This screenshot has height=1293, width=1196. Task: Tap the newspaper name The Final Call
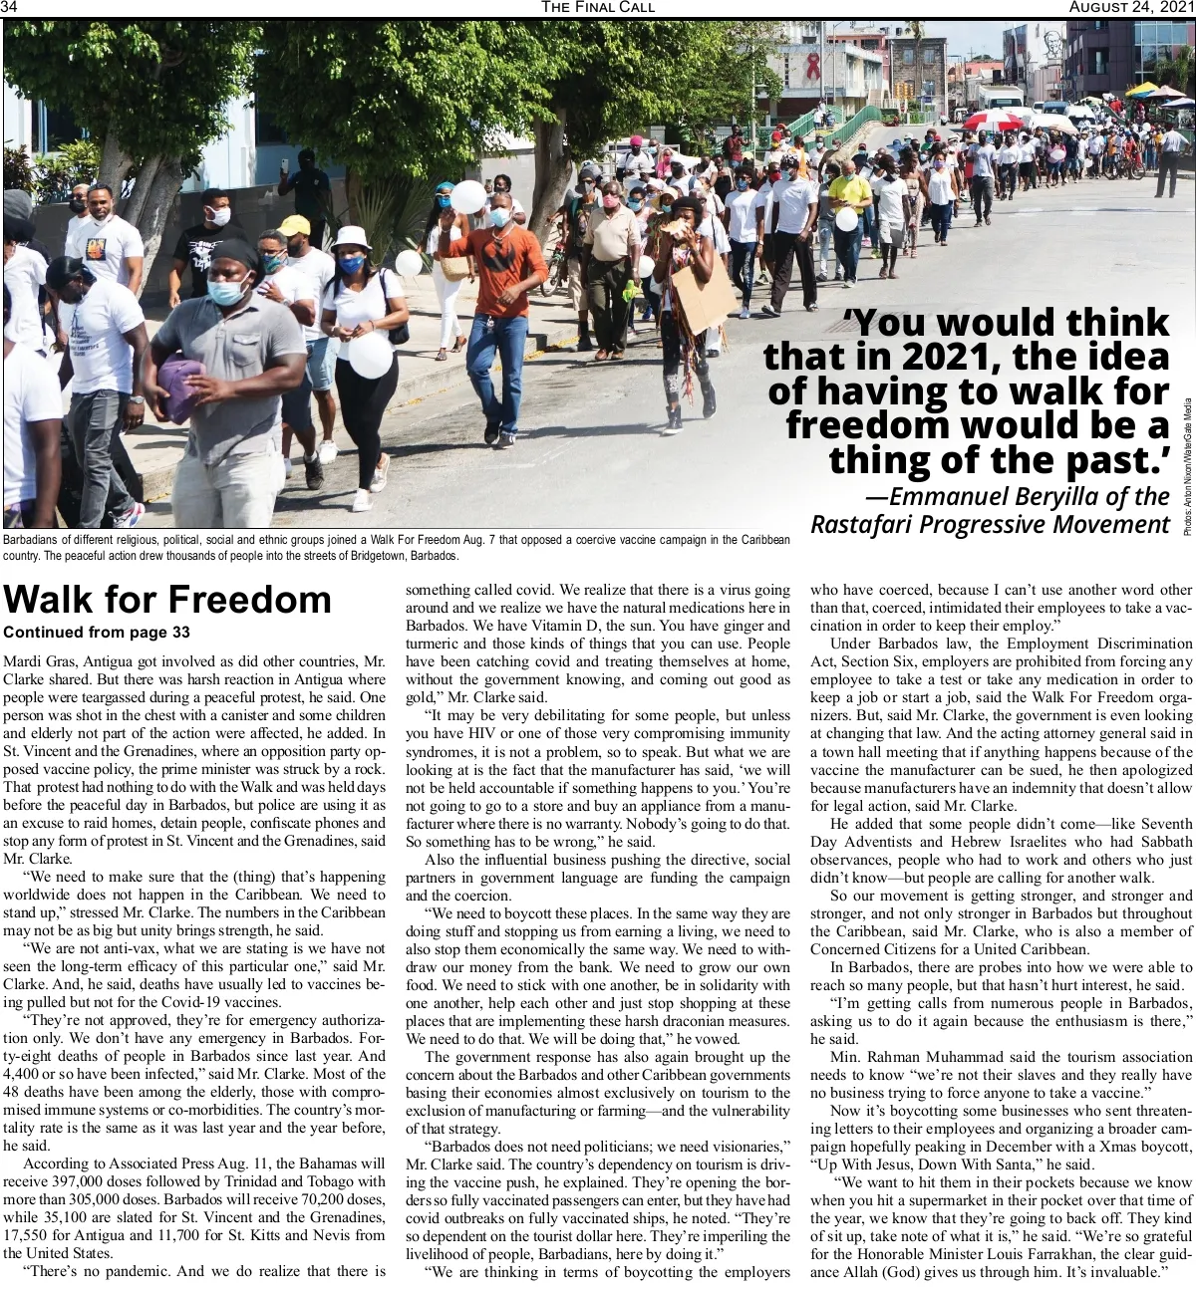[598, 8]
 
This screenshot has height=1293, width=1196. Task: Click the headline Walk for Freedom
[167, 600]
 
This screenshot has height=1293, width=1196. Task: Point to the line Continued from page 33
[97, 632]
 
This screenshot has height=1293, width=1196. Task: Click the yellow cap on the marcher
[296, 225]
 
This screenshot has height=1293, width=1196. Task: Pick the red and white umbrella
[992, 122]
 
